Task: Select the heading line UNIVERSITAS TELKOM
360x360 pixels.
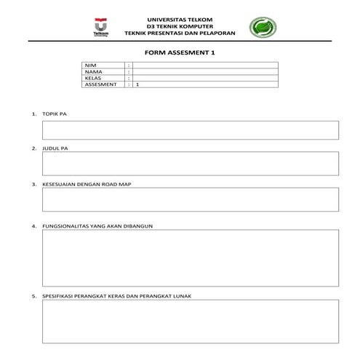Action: pos(180,19)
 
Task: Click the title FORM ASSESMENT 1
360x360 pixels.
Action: pos(180,53)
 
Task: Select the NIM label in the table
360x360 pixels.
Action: pos(90,66)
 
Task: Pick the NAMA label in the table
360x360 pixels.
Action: pos(92,72)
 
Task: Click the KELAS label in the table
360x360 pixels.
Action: pos(92,78)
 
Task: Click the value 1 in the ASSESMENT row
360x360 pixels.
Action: pos(137,84)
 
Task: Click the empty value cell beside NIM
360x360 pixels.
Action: pos(204,66)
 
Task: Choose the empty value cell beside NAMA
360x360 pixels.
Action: pos(204,72)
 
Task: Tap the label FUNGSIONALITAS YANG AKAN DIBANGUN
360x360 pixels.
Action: pos(102,225)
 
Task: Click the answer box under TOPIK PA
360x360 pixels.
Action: pos(191,130)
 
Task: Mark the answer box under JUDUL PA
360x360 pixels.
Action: pos(191,164)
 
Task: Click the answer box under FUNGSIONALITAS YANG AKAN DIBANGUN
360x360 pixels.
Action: pos(191,258)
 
